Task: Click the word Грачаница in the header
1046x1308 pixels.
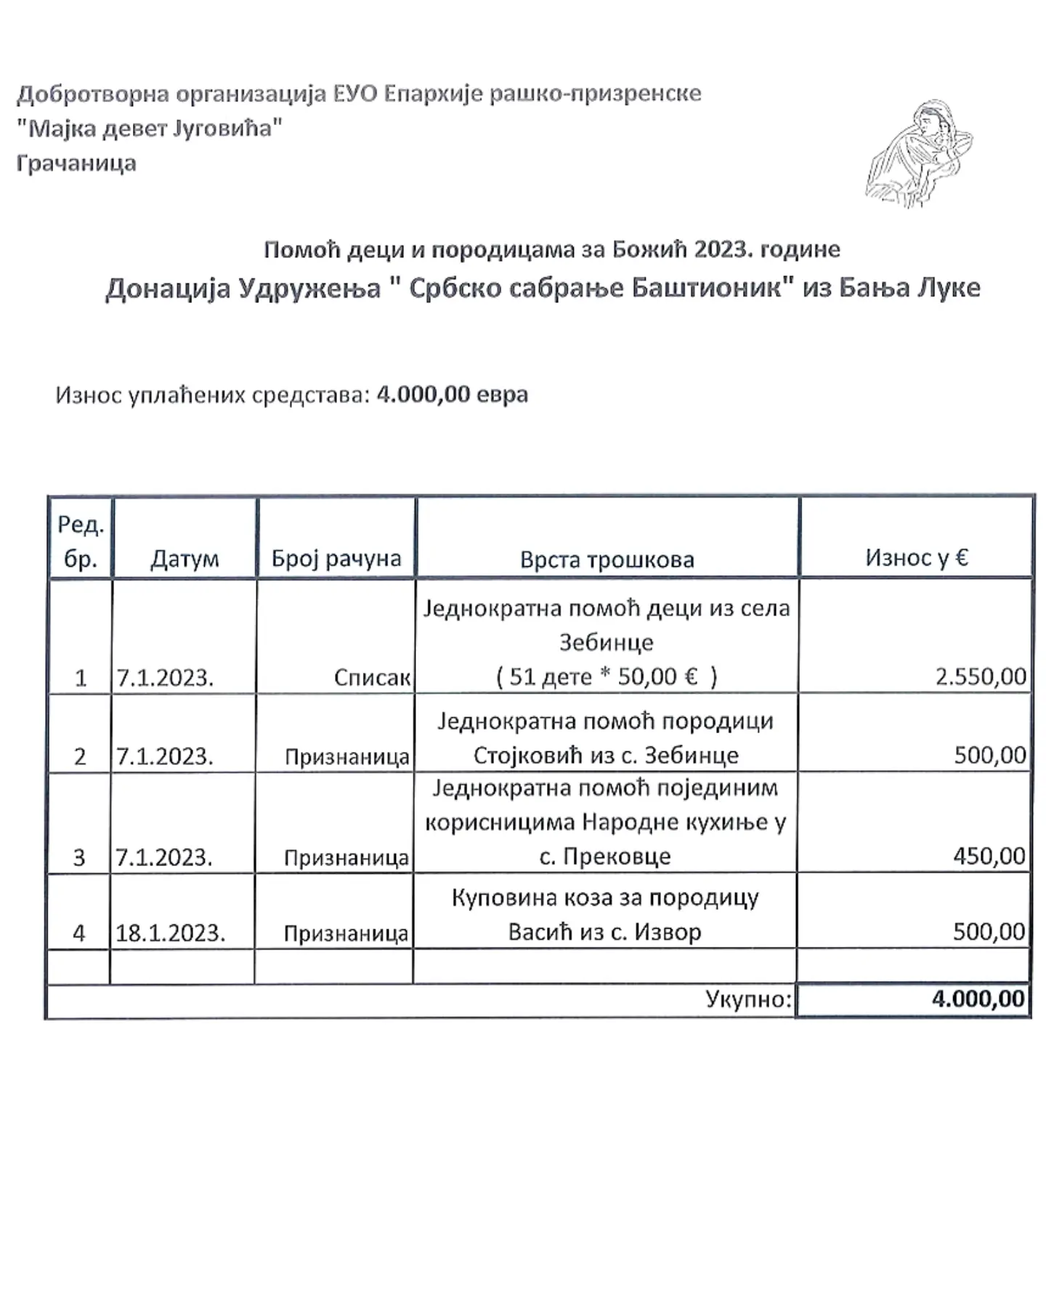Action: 76,163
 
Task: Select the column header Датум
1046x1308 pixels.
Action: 185,559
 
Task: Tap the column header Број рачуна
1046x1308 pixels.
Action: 336,558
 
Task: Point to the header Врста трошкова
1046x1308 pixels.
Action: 607,560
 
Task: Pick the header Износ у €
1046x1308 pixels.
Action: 917,557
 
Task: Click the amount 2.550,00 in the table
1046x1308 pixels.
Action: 981,677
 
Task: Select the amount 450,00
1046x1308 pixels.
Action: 989,856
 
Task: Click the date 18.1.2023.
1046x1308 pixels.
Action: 170,933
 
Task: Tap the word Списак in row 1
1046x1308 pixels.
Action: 372,678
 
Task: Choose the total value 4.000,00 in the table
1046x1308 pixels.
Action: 978,998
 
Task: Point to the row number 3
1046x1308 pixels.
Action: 80,858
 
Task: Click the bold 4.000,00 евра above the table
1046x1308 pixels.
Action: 452,395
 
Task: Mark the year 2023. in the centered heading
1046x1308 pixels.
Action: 723,249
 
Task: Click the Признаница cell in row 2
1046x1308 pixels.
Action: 347,757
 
